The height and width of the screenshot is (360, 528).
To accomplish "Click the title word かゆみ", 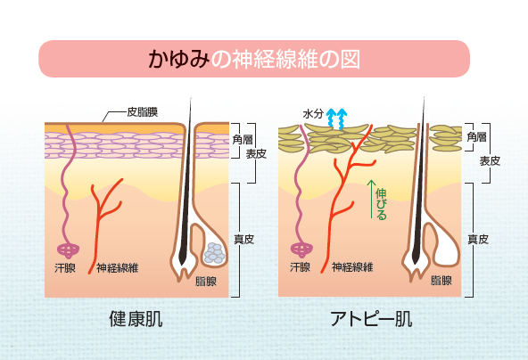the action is coord(178,59).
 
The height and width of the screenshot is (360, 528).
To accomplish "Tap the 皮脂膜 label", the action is coord(143,112).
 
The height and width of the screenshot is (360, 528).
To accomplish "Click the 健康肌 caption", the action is coord(136,319).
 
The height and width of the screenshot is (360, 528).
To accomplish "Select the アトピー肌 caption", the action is coord(371,319).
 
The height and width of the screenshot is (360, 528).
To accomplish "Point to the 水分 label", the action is coord(313,114).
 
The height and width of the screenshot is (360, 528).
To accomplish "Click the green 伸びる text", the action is coord(382,204).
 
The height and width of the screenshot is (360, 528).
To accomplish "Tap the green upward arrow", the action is coord(371,199).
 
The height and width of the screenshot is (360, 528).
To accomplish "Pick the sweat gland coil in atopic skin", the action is coord(301,250).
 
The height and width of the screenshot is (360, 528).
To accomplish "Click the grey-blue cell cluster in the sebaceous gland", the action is coord(214,253).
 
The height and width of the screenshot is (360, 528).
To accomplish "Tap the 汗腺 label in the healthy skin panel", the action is coord(65,268).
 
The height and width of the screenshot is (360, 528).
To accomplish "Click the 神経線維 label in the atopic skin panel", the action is coord(352,267).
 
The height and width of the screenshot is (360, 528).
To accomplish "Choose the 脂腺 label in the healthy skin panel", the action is coord(206,282).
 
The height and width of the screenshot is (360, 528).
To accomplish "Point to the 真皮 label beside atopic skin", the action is coord(478,240).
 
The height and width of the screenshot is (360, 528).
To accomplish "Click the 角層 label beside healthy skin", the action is coord(243,139).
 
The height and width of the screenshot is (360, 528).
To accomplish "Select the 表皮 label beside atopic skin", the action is coord(490,160).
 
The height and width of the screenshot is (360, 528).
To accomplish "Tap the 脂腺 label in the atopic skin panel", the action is coord(441,281).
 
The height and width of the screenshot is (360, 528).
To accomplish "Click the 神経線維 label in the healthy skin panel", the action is coord(117,268).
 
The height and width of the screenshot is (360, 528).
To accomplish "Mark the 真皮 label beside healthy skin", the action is coord(244,240).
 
